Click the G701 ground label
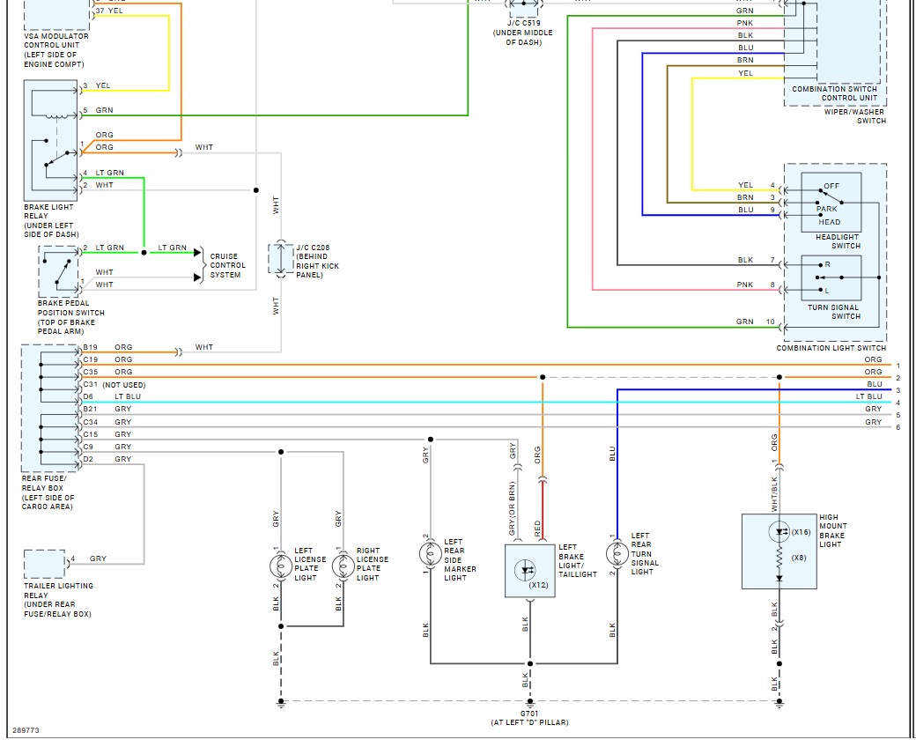(530, 714)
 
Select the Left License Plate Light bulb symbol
(281, 566)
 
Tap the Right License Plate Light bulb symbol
(343, 566)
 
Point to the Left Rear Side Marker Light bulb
(431, 554)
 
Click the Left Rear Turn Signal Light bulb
(617, 554)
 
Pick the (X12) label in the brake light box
(539, 585)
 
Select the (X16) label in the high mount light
(801, 532)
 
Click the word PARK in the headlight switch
(827, 209)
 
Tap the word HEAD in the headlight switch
(830, 222)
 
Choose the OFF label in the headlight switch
(831, 186)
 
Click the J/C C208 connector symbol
(281, 259)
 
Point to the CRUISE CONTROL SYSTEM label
(228, 266)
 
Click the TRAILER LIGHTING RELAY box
(44, 564)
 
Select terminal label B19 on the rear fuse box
(90, 347)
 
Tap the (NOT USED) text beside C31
(124, 385)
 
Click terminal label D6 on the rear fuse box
(87, 396)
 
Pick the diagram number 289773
(26, 730)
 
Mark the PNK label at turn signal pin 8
(745, 285)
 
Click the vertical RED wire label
(537, 529)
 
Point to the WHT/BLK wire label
(774, 495)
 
